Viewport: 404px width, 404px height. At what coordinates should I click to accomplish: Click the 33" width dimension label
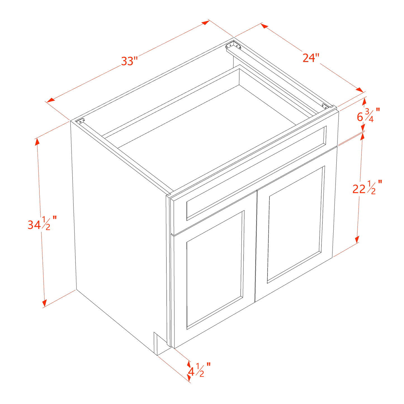pyautogui.click(x=129, y=61)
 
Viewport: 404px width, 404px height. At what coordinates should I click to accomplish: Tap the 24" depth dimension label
pyautogui.click(x=310, y=58)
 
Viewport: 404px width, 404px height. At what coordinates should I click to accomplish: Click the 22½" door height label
pyautogui.click(x=366, y=188)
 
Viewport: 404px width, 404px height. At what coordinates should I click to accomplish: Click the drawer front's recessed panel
pyautogui.click(x=256, y=172)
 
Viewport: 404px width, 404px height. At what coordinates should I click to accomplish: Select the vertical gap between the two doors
pyautogui.click(x=256, y=246)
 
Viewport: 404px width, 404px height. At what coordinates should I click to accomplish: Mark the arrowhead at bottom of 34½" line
pyautogui.click(x=44, y=303)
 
